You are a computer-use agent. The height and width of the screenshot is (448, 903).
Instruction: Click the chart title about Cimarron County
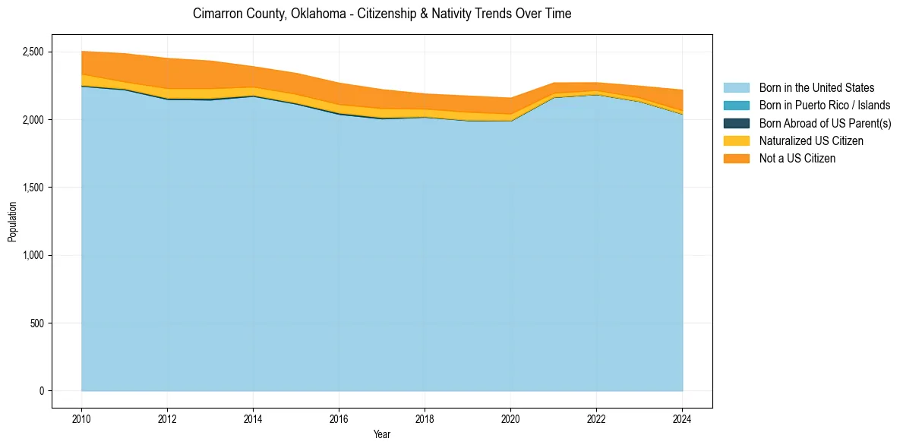[x=382, y=14]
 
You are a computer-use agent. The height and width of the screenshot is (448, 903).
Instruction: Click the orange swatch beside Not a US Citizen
[x=736, y=158]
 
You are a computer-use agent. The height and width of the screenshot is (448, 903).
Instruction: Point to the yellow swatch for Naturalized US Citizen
[x=736, y=140]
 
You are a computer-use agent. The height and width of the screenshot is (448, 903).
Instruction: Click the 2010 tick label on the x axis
[x=81, y=418]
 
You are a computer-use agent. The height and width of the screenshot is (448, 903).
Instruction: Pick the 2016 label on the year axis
[x=339, y=418]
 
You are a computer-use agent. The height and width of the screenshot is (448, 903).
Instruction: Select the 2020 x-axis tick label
[x=510, y=418]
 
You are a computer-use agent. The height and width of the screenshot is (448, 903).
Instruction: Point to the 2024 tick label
[x=682, y=418]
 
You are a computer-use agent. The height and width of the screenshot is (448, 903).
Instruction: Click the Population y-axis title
[x=12, y=222]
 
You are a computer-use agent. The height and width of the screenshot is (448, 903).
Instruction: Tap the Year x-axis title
[x=382, y=434]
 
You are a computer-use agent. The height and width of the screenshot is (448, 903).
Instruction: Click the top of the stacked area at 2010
[x=82, y=52]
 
